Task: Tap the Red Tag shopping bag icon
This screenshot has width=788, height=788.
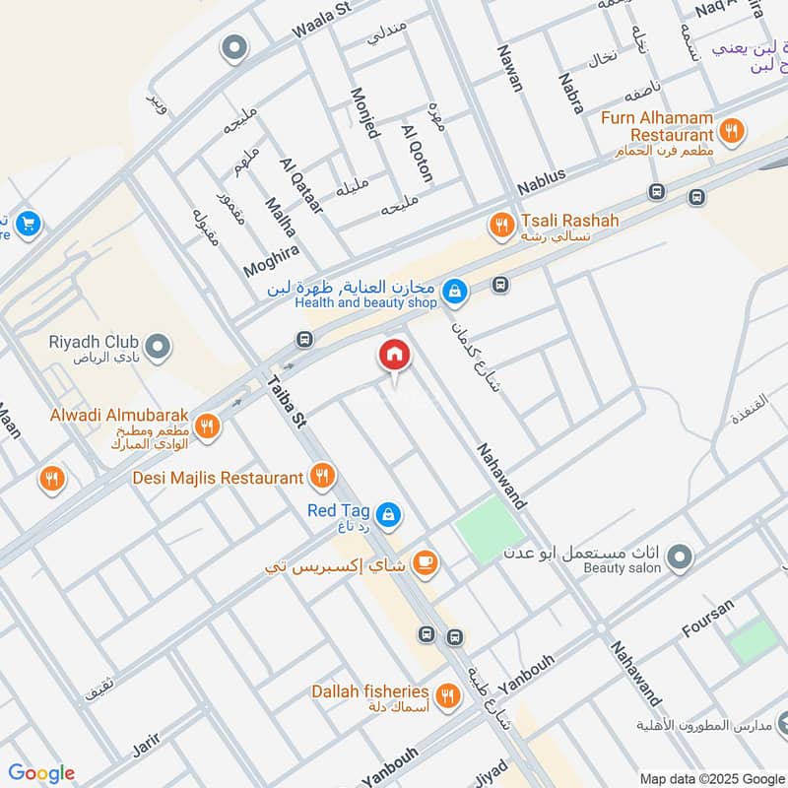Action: click(389, 512)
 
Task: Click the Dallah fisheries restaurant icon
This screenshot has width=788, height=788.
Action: click(448, 695)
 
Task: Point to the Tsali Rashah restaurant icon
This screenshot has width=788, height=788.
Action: click(501, 227)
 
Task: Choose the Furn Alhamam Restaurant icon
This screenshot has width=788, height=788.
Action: click(731, 128)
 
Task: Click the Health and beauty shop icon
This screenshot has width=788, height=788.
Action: click(454, 291)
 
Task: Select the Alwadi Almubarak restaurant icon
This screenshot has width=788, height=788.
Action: click(207, 426)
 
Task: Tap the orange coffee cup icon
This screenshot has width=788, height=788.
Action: click(425, 562)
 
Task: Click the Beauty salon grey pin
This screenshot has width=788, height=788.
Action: click(678, 559)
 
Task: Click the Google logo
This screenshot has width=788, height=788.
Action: click(41, 772)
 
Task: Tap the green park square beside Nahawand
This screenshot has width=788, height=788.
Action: click(490, 529)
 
